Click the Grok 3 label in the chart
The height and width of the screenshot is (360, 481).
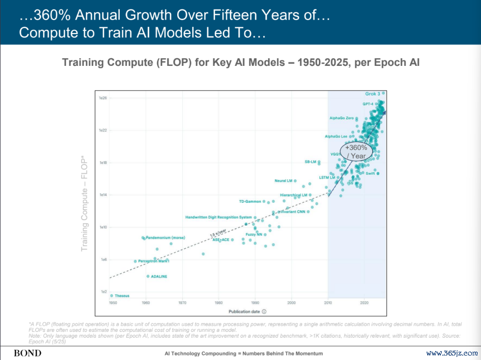373,94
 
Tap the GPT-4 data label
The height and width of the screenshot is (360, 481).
368,104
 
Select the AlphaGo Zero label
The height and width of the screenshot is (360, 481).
342,118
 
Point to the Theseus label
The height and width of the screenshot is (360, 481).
122,295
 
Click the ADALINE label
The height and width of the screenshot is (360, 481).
159,276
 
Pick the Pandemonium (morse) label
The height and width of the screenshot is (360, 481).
165,238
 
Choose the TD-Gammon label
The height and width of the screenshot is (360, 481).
250,202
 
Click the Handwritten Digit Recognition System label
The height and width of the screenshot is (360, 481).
218,217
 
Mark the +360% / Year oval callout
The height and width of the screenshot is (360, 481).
356,151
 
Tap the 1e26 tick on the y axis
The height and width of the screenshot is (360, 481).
103,98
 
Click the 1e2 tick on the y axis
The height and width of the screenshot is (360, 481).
103,292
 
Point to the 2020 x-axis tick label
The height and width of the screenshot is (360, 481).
364,303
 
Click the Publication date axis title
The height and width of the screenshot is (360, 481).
244,311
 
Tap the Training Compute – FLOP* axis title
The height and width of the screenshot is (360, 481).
84,203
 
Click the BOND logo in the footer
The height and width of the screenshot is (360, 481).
27,353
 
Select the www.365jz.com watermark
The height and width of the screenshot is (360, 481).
452,353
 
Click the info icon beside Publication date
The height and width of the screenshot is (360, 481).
264,311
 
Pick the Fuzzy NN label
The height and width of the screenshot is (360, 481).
254,234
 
